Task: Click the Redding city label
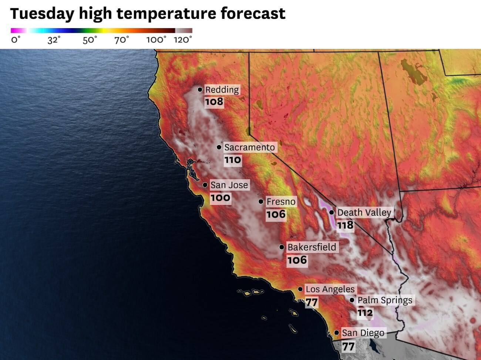coord(222,90)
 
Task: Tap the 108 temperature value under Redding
coord(214,102)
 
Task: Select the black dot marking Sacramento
coord(219,147)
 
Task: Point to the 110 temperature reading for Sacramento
coord(233,160)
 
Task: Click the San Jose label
coord(229,185)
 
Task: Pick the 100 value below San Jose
coord(221,198)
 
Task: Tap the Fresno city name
coord(281,202)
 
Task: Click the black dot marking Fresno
coord(261,201)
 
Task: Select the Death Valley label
coord(364,212)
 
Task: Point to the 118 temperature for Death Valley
coord(345,225)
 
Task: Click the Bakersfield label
coord(312,247)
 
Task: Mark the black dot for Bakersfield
coord(282,247)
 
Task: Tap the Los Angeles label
coord(330,289)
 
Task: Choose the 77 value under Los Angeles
coord(312,303)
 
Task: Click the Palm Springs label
coord(384,300)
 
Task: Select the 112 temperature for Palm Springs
coord(365,313)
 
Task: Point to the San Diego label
coord(363,333)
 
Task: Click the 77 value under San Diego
coord(348,347)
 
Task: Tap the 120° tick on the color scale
coord(183,40)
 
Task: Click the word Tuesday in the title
coord(42,14)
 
